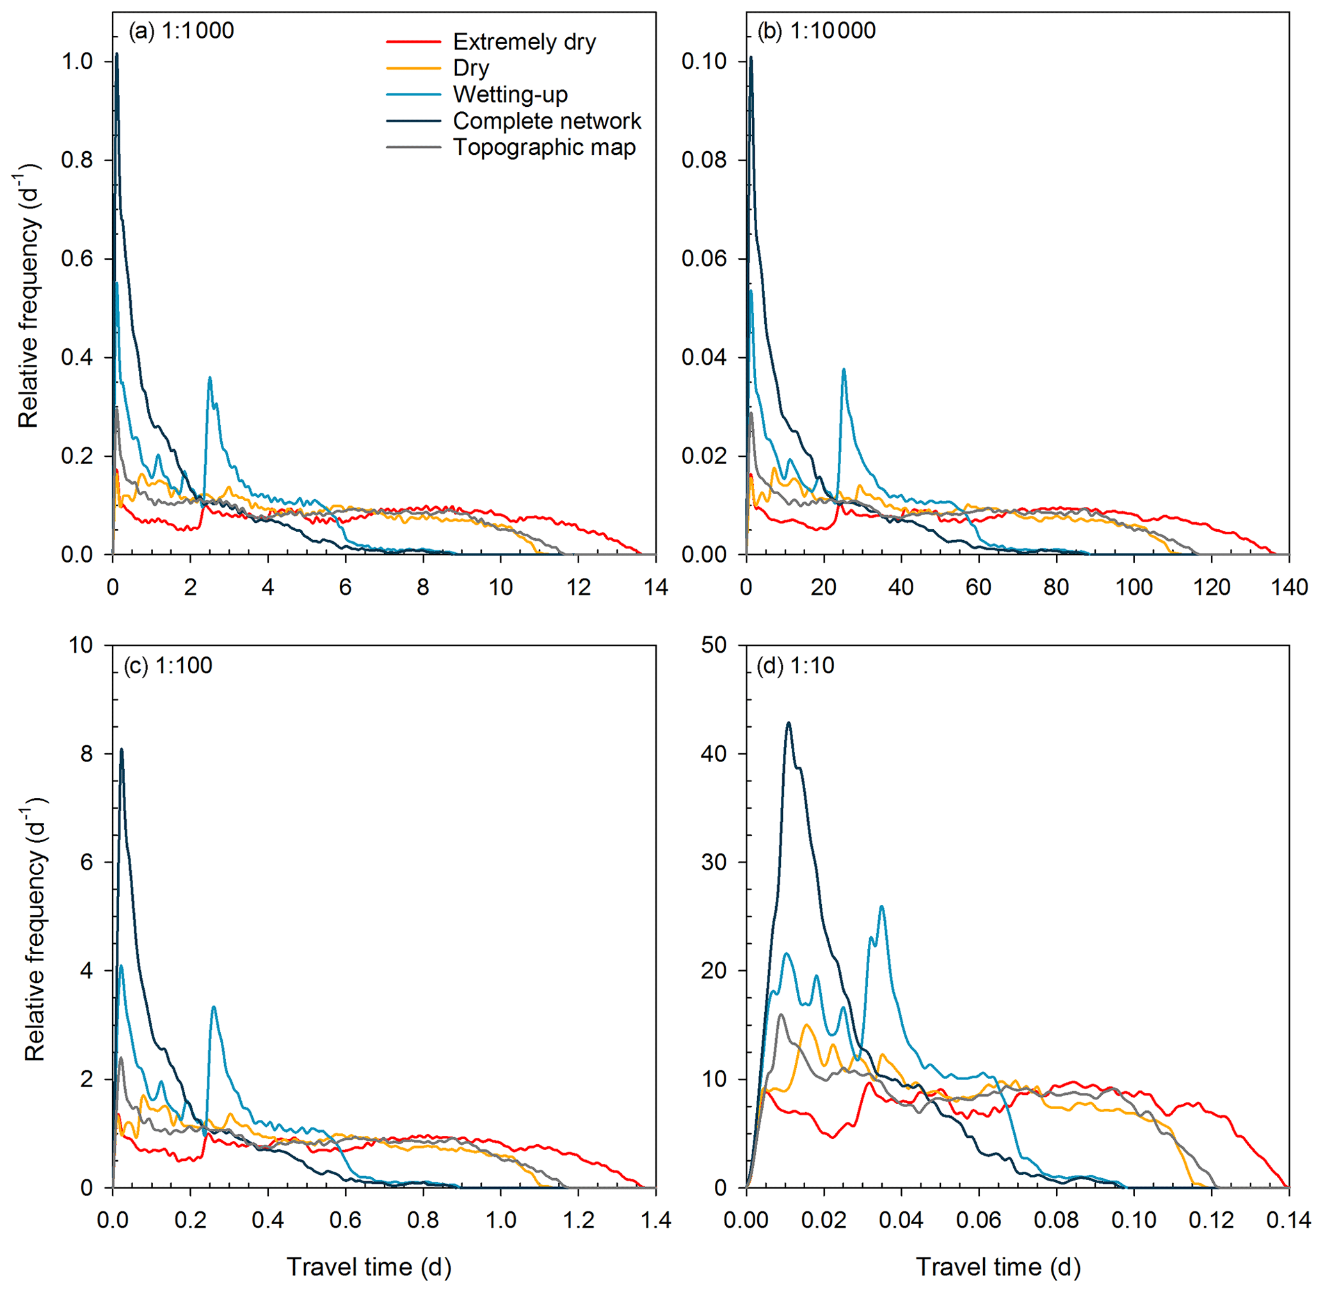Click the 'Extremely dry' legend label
524,42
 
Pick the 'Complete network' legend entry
547,121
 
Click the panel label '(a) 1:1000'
181,31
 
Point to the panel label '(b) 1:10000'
816,31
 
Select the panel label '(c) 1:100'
168,666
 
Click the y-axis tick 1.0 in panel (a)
77,61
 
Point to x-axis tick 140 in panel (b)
1289,587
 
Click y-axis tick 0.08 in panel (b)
704,160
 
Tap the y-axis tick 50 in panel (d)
714,645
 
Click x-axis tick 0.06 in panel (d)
978,1220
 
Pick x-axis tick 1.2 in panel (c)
579,1220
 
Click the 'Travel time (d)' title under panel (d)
998,1267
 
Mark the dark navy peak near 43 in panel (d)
788,723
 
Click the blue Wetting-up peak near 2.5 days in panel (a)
210,378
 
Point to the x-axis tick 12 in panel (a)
579,587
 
